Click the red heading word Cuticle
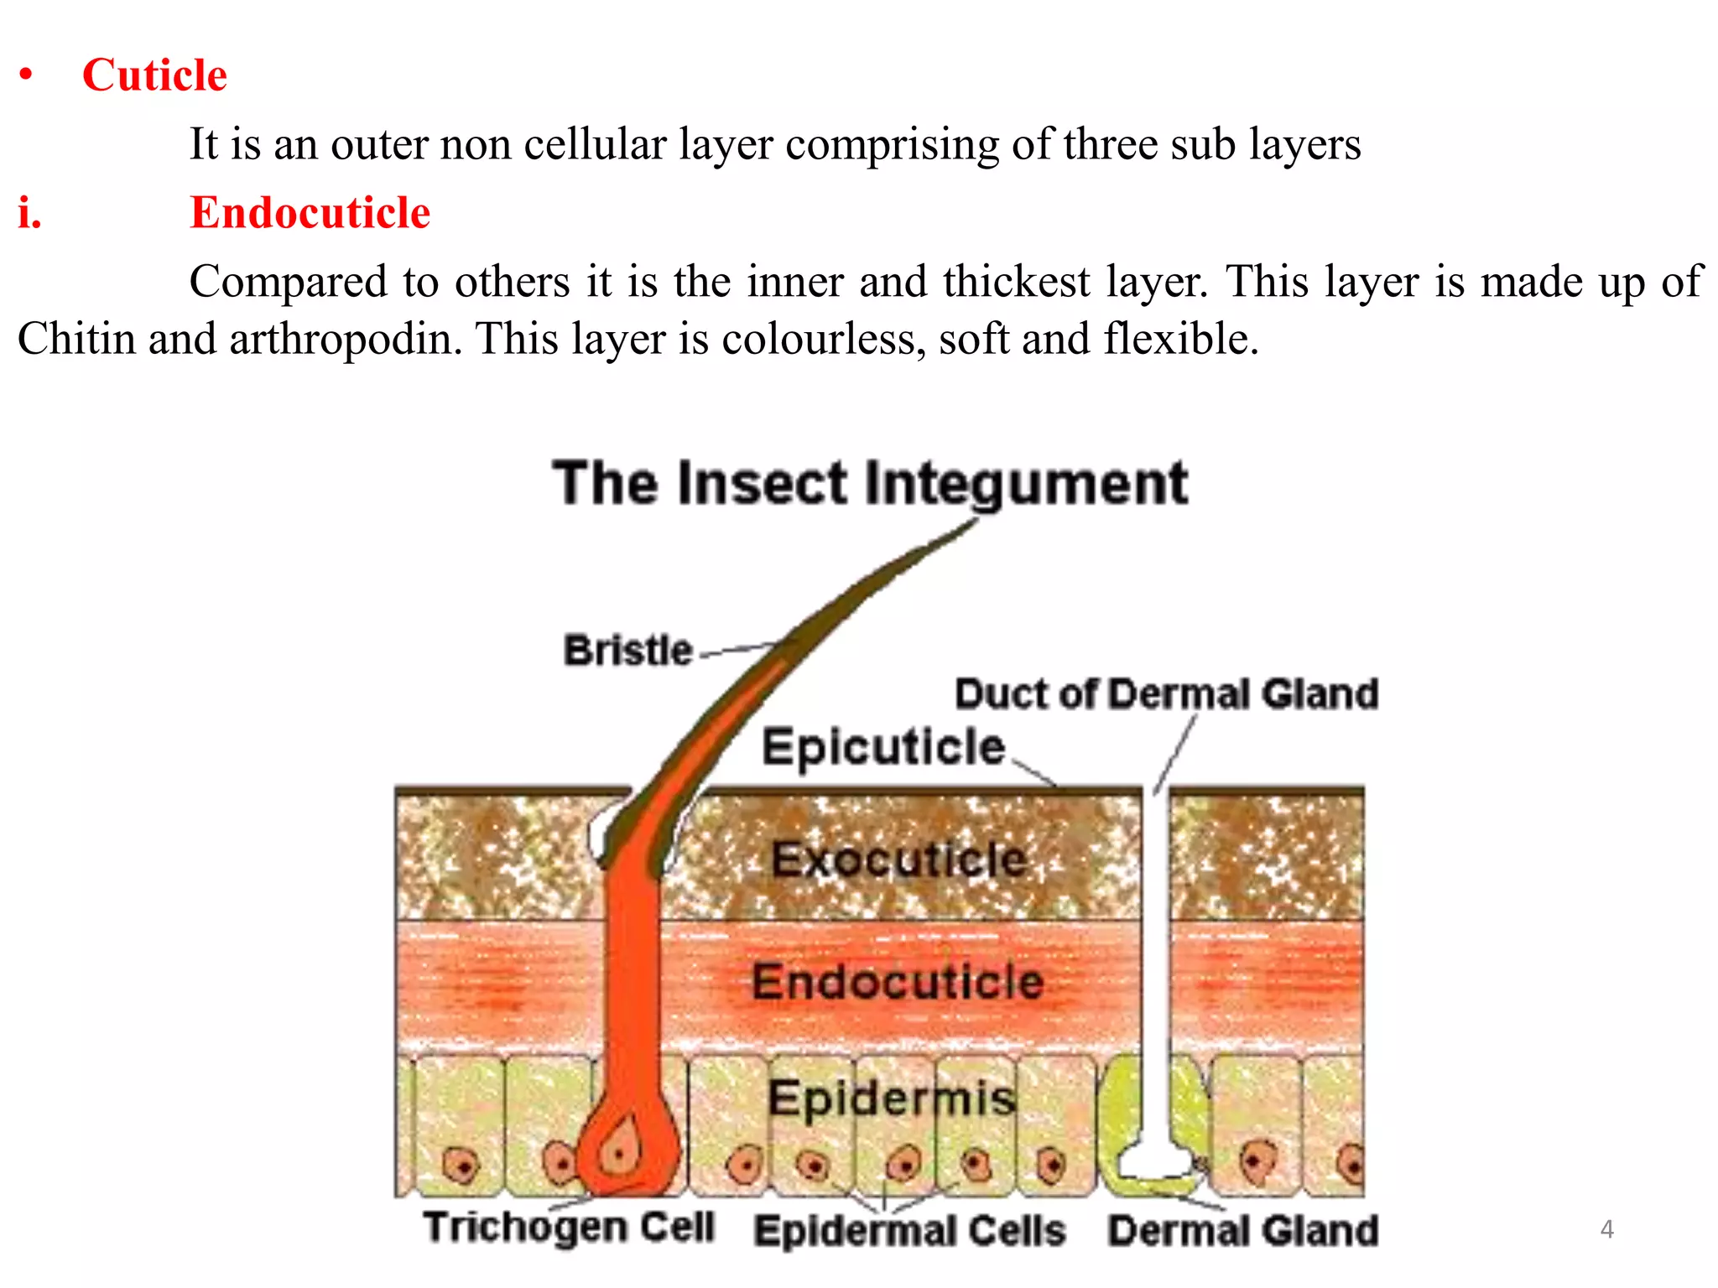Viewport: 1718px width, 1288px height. (154, 75)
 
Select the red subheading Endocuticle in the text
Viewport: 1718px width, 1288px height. (310, 212)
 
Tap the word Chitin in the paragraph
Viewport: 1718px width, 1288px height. (76, 340)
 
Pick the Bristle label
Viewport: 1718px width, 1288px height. (627, 651)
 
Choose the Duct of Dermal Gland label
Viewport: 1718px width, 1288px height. (1166, 694)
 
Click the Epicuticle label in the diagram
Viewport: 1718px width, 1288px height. (882, 746)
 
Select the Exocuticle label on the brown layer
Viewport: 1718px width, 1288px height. (898, 859)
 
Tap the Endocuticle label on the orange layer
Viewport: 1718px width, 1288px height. (898, 981)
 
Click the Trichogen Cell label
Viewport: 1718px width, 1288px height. (569, 1228)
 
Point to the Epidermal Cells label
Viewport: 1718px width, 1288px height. (909, 1231)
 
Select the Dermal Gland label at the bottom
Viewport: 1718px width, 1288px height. (1242, 1231)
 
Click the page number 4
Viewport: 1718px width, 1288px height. (1606, 1229)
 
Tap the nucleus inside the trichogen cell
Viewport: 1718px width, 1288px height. (619, 1154)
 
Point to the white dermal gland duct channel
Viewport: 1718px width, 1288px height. (1156, 964)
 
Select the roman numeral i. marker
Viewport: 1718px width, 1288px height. (30, 212)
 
